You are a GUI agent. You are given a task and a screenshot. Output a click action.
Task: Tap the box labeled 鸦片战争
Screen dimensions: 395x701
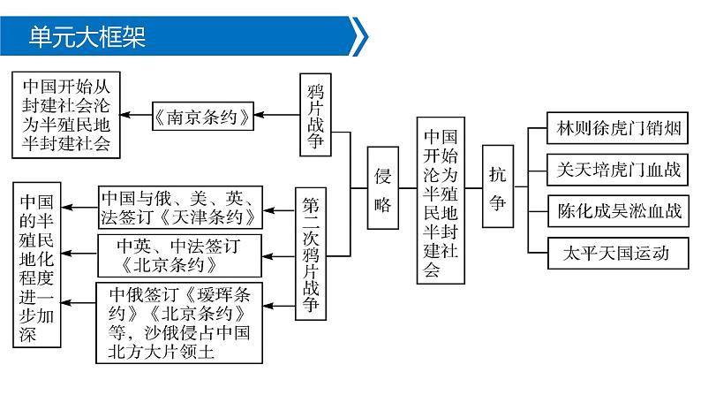pos(317,114)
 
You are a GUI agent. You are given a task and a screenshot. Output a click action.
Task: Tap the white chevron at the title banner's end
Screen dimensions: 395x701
pos(360,37)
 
